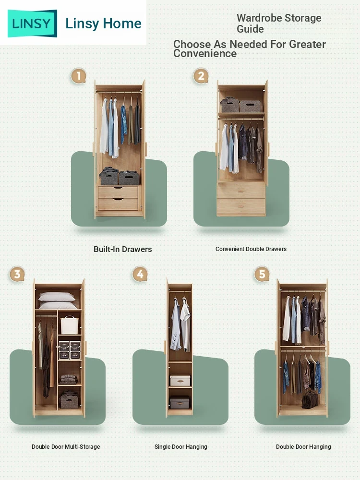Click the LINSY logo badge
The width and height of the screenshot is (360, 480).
(32, 23)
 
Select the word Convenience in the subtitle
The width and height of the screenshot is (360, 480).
(205, 54)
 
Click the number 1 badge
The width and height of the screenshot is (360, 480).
(78, 76)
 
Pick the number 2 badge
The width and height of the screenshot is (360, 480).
(201, 76)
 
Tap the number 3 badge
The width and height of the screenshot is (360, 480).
(17, 274)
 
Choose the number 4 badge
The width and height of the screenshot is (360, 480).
(140, 274)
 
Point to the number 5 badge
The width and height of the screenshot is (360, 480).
(262, 274)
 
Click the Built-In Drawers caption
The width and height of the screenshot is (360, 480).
(123, 249)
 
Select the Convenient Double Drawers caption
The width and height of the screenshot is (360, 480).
(251, 249)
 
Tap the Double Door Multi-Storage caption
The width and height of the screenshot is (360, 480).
(66, 446)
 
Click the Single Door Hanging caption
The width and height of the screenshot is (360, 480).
(181, 446)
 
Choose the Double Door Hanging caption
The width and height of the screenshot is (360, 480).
(303, 446)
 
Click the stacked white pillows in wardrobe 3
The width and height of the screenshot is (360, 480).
(57, 300)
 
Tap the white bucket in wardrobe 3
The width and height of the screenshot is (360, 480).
(70, 325)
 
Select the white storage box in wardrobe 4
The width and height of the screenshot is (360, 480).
(180, 381)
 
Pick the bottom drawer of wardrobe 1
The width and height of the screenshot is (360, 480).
(118, 204)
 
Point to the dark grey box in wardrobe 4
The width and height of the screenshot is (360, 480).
(180, 402)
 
